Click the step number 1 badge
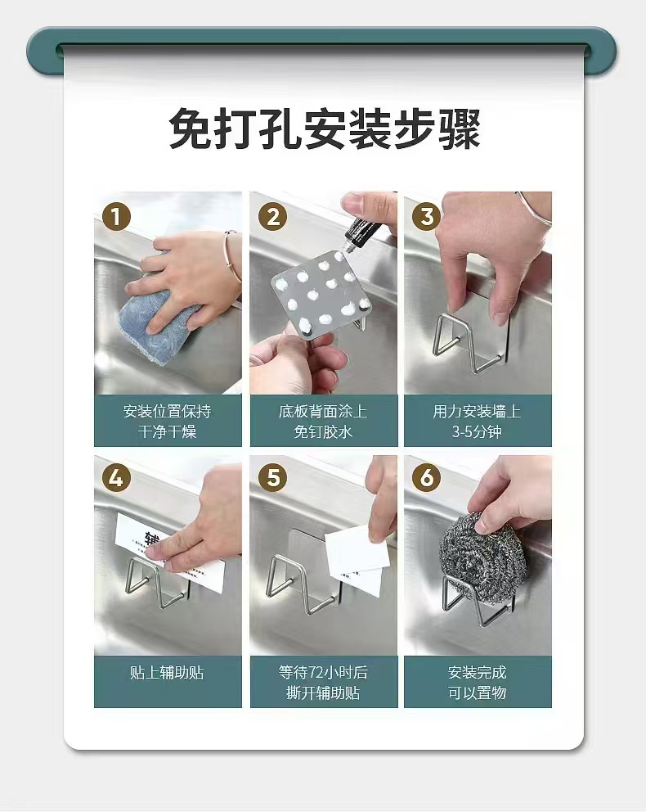[116, 217]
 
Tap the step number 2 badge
[272, 217]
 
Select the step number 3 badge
[426, 217]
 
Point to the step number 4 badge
[116, 478]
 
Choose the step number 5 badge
[272, 478]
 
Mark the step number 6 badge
[426, 478]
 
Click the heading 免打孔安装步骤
[325, 129]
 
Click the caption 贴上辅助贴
[167, 673]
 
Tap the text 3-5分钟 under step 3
[477, 432]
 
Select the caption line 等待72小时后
[323, 673]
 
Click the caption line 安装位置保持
[167, 412]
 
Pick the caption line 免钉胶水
[323, 432]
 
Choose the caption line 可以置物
[477, 692]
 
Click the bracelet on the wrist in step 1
[232, 256]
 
